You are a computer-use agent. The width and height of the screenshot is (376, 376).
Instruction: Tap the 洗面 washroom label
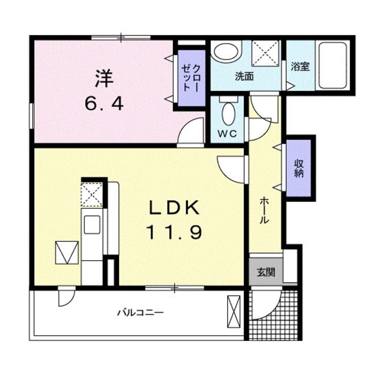244,76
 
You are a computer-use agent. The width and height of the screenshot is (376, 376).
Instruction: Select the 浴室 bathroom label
300,67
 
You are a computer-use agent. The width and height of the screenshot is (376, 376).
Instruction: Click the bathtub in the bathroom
332,65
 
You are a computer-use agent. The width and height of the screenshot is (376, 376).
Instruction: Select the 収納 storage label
299,168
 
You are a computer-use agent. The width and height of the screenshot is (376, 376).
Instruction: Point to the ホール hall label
265,211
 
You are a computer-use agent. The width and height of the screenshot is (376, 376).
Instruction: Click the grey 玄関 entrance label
266,272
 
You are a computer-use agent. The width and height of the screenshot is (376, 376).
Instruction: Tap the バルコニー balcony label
140,312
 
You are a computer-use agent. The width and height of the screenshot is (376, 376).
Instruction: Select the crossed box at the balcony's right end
234,311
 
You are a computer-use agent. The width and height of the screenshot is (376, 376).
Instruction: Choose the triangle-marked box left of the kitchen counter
67,253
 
